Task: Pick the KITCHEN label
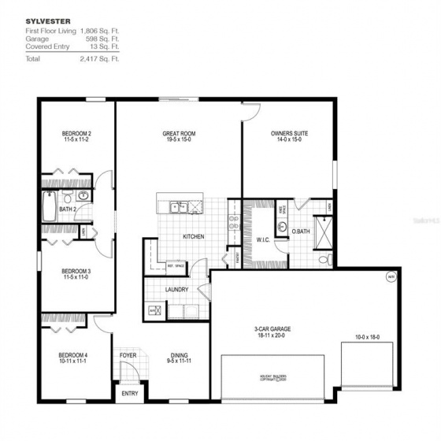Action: pyautogui.click(x=195, y=236)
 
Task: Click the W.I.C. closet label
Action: pyautogui.click(x=263, y=239)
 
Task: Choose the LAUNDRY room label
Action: pyautogui.click(x=176, y=290)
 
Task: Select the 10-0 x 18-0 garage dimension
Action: pyautogui.click(x=367, y=337)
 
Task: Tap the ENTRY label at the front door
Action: pyautogui.click(x=128, y=392)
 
